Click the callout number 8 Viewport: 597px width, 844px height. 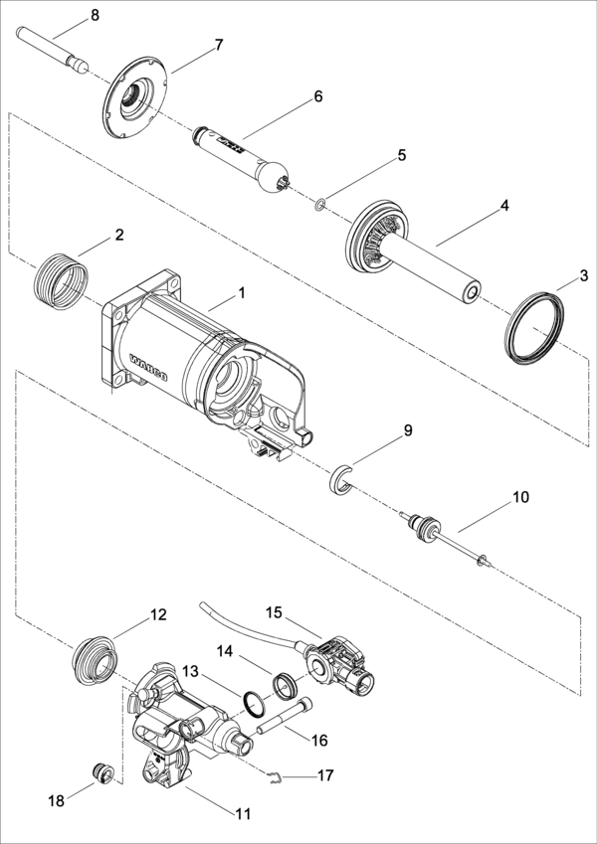tap(95, 16)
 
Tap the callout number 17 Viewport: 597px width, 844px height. tap(325, 775)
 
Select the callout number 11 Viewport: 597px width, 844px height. tap(243, 814)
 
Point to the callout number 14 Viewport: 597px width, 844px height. tap(225, 652)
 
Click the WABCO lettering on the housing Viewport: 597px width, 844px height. tap(149, 367)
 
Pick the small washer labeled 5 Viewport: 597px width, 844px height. tap(320, 205)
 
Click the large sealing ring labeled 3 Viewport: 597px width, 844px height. tap(534, 328)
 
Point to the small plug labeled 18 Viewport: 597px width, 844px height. tap(102, 773)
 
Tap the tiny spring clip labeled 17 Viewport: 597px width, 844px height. tap(276, 776)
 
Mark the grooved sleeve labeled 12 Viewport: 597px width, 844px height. tap(95, 661)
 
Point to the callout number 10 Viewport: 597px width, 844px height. tap(520, 497)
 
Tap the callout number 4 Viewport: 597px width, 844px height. tap(503, 205)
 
